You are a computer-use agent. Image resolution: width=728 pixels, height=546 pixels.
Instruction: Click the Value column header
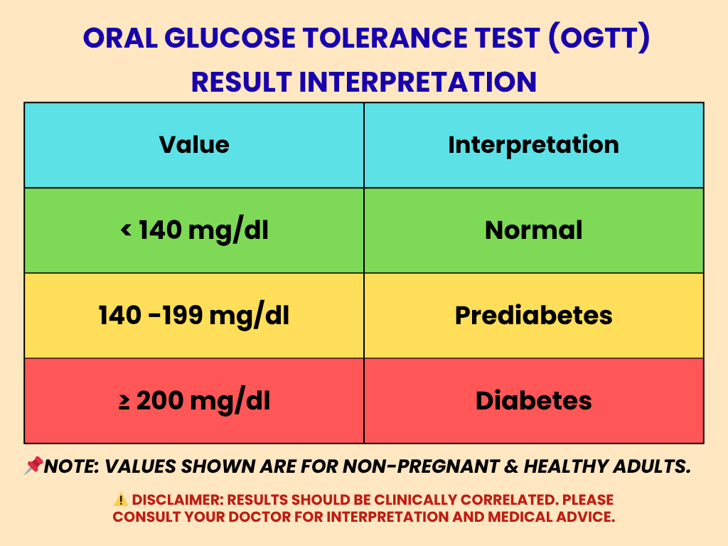tap(194, 145)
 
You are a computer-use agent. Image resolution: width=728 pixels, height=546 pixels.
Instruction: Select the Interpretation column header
tap(533, 145)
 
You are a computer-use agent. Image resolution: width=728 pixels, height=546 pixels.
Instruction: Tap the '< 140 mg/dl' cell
tap(194, 230)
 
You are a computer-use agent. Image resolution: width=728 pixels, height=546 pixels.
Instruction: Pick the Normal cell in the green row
tap(533, 230)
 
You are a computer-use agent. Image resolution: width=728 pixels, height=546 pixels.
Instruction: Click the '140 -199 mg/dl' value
tap(194, 316)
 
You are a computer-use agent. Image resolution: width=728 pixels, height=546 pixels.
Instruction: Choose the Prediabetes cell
tap(533, 316)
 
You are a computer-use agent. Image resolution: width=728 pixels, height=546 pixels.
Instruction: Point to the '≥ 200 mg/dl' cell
tap(194, 401)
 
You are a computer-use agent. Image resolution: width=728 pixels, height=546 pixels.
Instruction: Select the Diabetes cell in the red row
tap(533, 401)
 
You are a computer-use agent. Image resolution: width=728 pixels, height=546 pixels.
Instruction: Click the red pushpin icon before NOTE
tap(33, 466)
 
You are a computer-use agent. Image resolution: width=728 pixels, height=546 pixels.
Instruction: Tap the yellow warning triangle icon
tap(121, 500)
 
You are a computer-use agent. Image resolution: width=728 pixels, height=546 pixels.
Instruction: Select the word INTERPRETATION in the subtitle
tap(417, 82)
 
